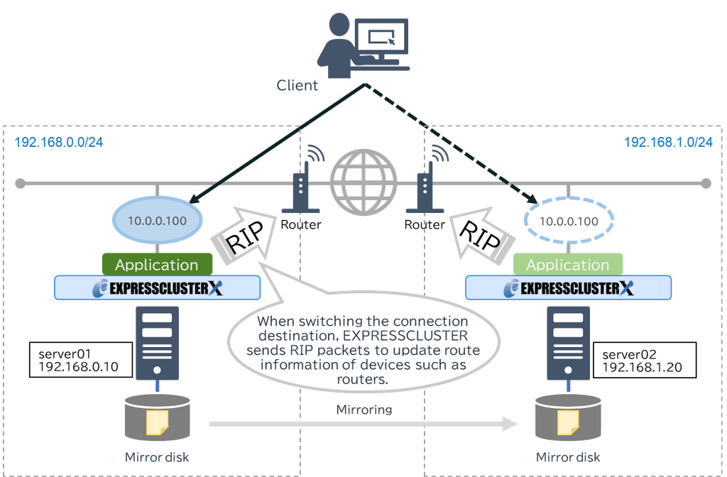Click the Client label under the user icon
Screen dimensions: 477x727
click(x=297, y=86)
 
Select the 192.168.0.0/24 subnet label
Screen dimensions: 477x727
click(x=59, y=142)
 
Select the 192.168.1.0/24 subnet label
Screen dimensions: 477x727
click(x=668, y=142)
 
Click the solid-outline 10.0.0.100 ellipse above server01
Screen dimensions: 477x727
click(x=158, y=221)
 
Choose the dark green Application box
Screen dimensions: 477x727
click(x=157, y=265)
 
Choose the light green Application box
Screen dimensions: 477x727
click(x=567, y=265)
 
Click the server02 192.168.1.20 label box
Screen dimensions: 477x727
click(x=647, y=359)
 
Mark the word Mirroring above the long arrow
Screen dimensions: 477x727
click(x=363, y=410)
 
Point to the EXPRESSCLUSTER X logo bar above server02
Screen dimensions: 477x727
click(x=567, y=288)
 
